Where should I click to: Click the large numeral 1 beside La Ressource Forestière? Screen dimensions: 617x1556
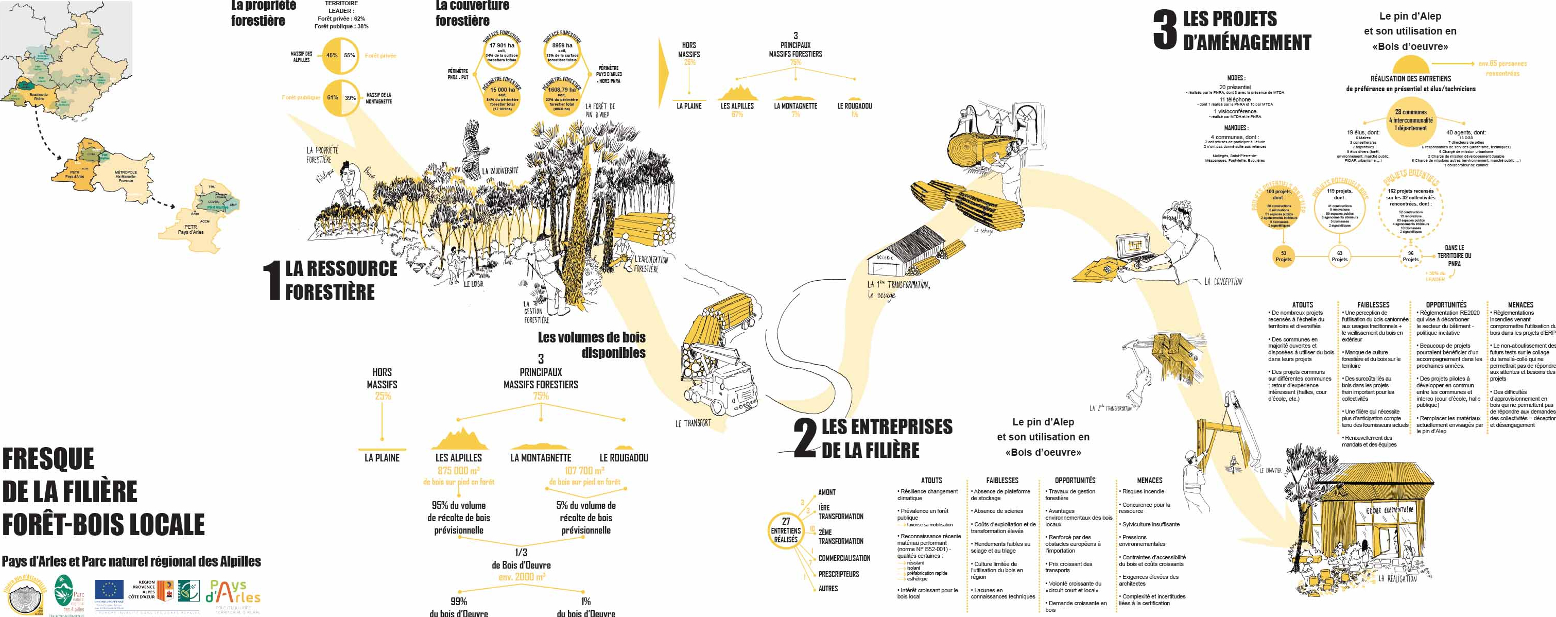(x=272, y=280)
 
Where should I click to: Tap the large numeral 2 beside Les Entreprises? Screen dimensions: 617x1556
(x=805, y=438)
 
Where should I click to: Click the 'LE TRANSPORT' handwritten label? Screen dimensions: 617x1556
(x=693, y=424)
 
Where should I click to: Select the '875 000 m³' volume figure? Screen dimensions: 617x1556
(x=458, y=471)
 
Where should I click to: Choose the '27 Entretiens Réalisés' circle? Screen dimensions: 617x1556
(x=785, y=530)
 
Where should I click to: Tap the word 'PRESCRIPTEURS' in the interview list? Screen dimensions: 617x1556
(x=838, y=574)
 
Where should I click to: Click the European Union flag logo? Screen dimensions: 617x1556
(x=109, y=590)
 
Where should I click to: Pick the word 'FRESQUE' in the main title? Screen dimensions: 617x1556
(x=48, y=459)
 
